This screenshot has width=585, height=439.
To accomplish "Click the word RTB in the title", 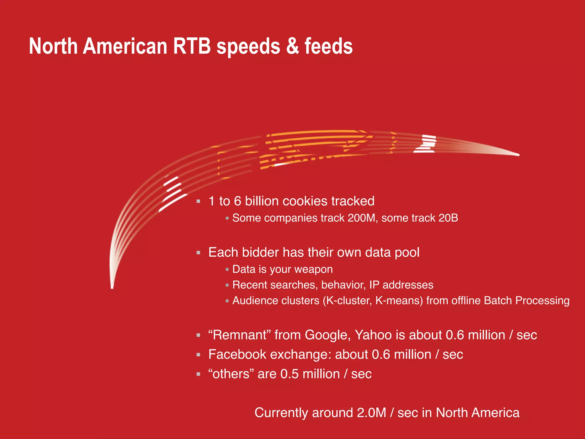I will [x=192, y=46].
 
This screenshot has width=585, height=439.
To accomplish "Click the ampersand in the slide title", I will [x=292, y=46].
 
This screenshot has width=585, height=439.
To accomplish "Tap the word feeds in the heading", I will [x=329, y=46].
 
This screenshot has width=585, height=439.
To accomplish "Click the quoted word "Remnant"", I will [x=240, y=335].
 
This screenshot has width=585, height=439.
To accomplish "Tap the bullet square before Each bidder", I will [x=199, y=253].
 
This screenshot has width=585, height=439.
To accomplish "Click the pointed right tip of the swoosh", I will [x=518, y=155].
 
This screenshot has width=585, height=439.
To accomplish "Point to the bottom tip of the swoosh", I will [x=112, y=287].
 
